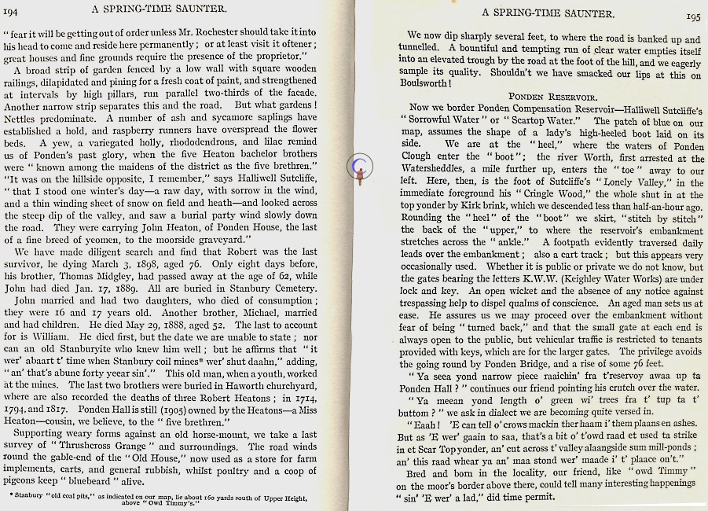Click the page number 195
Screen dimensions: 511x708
[x=692, y=15]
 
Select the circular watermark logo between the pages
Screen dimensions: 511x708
[x=360, y=166]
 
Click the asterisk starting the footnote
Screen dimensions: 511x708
[x=13, y=494]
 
